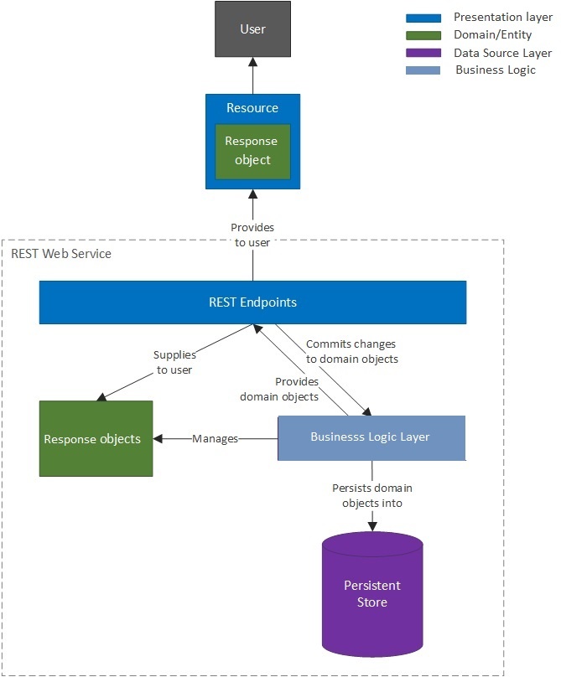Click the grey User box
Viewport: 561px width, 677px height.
pyautogui.click(x=252, y=29)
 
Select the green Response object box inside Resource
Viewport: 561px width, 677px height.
pyautogui.click(x=252, y=151)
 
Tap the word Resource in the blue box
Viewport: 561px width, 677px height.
pyautogui.click(x=252, y=108)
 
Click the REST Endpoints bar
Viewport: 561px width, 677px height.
pyautogui.click(x=252, y=302)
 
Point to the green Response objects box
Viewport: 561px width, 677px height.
pyautogui.click(x=96, y=438)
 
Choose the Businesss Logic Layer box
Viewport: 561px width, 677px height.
pyautogui.click(x=371, y=437)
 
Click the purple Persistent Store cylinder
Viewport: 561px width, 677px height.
pyautogui.click(x=372, y=593)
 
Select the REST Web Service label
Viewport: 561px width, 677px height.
pyautogui.click(x=61, y=253)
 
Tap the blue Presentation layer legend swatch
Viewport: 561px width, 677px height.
pyautogui.click(x=423, y=18)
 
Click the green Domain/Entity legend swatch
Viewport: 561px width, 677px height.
pyautogui.click(x=423, y=35)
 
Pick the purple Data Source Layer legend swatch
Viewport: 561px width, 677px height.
pyautogui.click(x=423, y=53)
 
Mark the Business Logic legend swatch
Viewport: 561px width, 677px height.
pyautogui.click(x=423, y=70)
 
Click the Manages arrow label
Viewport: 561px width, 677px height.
pyautogui.click(x=215, y=438)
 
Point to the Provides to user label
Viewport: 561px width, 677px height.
pyautogui.click(x=252, y=235)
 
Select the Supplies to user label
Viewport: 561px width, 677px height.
pyautogui.click(x=174, y=362)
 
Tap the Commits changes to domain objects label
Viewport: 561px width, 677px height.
pyautogui.click(x=351, y=351)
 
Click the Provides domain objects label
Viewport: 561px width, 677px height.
pyautogui.click(x=280, y=389)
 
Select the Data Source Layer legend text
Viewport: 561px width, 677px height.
pyautogui.click(x=503, y=53)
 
